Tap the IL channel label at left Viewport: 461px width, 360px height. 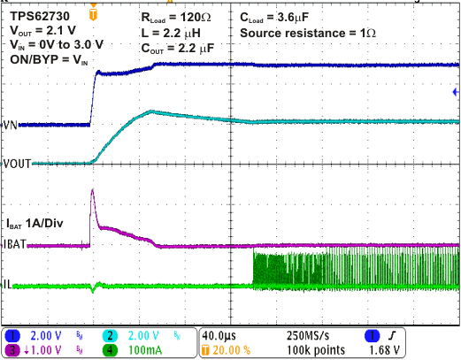coord(8,285)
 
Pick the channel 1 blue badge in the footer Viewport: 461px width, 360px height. coord(13,335)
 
